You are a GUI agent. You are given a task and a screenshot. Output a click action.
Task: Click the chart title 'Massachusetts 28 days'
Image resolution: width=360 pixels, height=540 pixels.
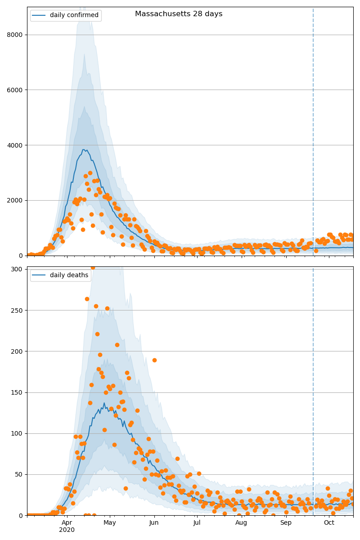pos(179,14)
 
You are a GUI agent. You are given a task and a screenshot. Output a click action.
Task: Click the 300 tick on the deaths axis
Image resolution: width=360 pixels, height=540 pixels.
pos(18,269)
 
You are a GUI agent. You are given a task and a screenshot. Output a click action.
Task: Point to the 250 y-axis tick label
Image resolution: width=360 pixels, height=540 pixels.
pos(18,310)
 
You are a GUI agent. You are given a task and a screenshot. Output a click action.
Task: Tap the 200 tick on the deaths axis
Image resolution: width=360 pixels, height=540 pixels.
pos(18,351)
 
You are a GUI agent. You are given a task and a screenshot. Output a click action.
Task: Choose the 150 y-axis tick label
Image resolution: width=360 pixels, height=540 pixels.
pos(18,392)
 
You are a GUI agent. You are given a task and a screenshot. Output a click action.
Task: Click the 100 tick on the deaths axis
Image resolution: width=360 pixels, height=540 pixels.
pos(18,433)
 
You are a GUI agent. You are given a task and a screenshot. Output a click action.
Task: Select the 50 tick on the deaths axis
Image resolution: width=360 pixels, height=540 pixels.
pos(19,474)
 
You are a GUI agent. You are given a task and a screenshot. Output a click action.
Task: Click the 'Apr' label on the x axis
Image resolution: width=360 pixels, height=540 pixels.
pos(67,523)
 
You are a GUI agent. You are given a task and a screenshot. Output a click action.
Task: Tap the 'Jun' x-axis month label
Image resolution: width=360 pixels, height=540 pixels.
pos(154,523)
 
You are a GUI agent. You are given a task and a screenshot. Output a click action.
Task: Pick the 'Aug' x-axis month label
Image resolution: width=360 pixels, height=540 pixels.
pos(241,523)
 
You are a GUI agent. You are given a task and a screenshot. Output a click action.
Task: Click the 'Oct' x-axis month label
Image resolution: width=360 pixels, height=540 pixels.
pos(329,523)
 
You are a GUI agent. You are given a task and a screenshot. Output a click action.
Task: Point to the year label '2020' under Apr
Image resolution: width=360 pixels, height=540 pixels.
pos(67,530)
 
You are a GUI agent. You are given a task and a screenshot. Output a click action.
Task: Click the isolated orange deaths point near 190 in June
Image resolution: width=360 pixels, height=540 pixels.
pos(154,360)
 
